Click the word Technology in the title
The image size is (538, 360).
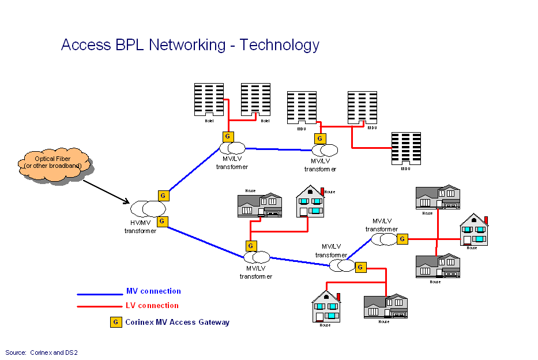click(x=280, y=45)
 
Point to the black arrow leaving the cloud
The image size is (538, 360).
click(x=106, y=192)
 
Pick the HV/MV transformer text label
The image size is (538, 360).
click(x=140, y=227)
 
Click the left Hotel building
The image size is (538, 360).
click(x=209, y=100)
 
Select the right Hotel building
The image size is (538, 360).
click(x=255, y=100)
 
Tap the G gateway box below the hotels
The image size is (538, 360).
click(x=228, y=137)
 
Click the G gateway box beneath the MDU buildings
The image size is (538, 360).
click(x=320, y=138)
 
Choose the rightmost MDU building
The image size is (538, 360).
click(x=406, y=149)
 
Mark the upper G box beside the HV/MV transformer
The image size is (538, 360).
click(x=163, y=196)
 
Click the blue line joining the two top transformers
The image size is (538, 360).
click(x=280, y=149)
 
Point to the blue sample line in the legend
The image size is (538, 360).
click(x=100, y=294)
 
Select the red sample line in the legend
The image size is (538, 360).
click(x=100, y=307)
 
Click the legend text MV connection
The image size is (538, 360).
click(x=153, y=291)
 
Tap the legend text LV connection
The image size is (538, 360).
click(x=152, y=306)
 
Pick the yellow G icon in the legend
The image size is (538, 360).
click(x=116, y=322)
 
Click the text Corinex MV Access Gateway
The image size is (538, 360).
click(x=177, y=322)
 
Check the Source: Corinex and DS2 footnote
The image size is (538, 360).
click(x=42, y=352)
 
